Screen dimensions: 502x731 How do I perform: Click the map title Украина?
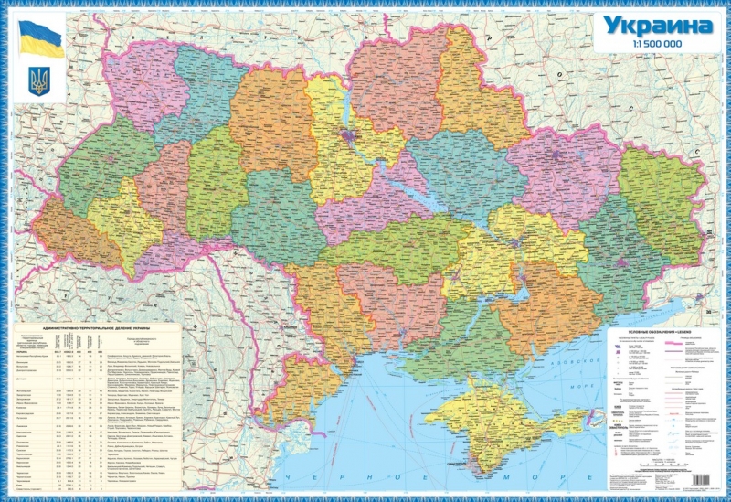coord(655,26)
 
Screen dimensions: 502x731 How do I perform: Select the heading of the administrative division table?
coord(96,326)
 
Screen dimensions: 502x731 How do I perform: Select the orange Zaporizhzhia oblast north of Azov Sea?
coord(530,302)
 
